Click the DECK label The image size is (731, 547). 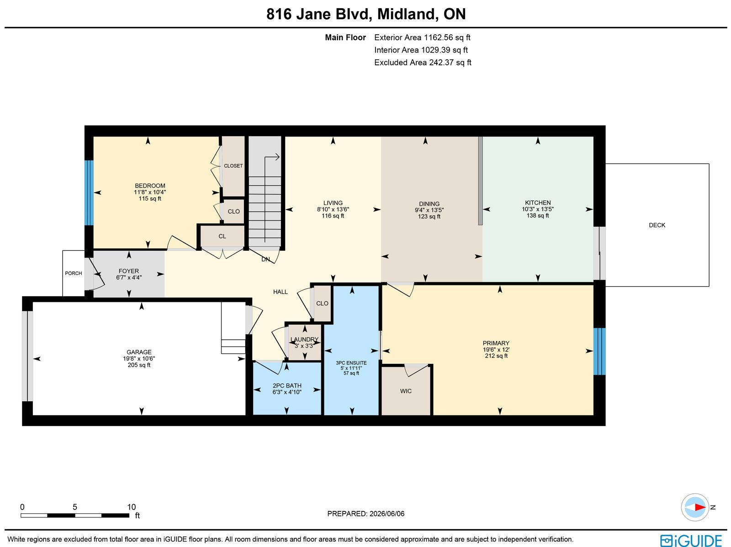[x=657, y=225]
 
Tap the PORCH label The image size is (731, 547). [x=73, y=273]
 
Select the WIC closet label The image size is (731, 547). [x=406, y=391]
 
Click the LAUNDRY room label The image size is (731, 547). [x=304, y=339]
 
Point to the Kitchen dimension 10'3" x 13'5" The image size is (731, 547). [x=537, y=209]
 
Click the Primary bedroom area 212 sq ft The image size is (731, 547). [x=496, y=356]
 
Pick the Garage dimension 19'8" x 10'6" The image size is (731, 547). [x=139, y=358]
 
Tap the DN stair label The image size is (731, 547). [x=265, y=259]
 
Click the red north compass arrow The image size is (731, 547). [x=699, y=507]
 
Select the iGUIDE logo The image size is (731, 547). [x=691, y=540]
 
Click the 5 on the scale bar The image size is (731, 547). [x=74, y=507]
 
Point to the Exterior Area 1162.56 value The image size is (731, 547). [x=438, y=37]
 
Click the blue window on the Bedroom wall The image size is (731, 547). [x=89, y=193]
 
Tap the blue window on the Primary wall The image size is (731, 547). [x=599, y=352]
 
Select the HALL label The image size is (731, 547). [x=281, y=292]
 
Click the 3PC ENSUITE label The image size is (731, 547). [x=351, y=363]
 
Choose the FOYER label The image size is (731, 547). [x=129, y=271]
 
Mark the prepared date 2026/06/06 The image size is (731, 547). [x=387, y=514]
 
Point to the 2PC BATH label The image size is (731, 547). [x=287, y=386]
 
